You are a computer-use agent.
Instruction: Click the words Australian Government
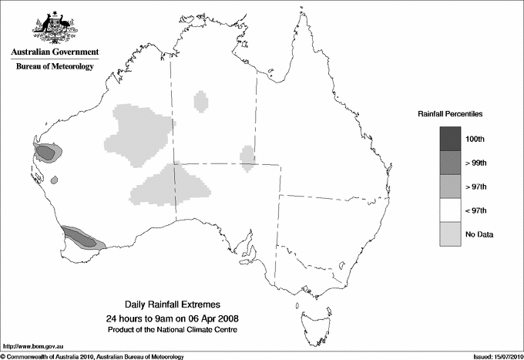coord(55,52)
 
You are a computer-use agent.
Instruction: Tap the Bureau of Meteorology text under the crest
coord(55,67)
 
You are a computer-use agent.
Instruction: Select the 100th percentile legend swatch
coord(450,139)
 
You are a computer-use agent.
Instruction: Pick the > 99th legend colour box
coord(450,163)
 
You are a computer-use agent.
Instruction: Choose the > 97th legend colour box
coord(450,187)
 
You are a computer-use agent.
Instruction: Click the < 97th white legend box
coord(450,210)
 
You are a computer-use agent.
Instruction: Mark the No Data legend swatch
coord(450,234)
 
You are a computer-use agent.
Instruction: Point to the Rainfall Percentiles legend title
coord(450,114)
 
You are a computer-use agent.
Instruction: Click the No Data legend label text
coord(479,234)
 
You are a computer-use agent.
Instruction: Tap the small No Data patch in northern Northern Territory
coord(201,101)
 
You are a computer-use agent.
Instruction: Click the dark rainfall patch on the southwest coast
coord(80,238)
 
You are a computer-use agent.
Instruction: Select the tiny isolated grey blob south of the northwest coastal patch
coord(55,180)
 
